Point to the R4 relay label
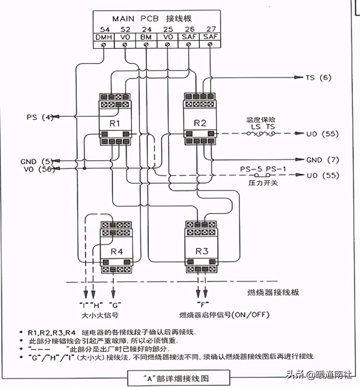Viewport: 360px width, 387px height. point(117,252)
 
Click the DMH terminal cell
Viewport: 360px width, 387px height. point(104,37)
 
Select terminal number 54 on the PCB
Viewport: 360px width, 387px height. point(104,29)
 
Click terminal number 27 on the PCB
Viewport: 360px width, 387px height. point(211,29)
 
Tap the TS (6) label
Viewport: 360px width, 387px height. point(318,77)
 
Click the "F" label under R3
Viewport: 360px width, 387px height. point(202,304)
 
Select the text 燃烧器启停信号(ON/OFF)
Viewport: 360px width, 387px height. point(224,314)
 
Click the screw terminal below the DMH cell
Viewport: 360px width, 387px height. point(104,45)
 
